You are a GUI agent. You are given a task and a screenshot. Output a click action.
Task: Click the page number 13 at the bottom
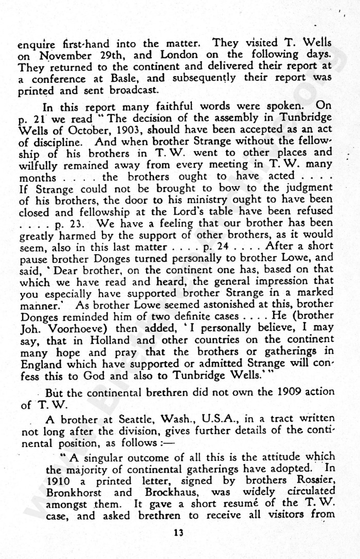click(x=178, y=533)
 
